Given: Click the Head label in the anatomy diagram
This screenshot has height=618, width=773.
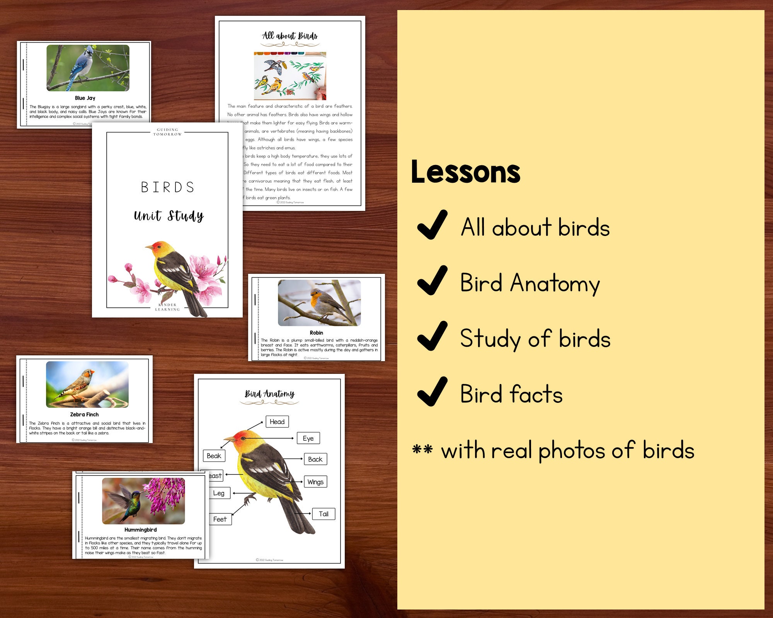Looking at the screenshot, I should pos(277,421).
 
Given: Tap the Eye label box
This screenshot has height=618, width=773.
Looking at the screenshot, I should pos(308,438).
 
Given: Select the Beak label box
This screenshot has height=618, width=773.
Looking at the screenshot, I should pos(214,456).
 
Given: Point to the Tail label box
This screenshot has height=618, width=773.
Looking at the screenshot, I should pos(324,514).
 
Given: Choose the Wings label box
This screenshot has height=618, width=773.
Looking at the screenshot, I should pos(315,482).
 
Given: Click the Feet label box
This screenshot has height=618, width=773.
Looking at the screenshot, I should pos(220,519).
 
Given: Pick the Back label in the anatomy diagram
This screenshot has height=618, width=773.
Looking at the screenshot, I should pos(315,459).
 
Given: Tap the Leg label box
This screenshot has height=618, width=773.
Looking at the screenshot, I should pos(219,493).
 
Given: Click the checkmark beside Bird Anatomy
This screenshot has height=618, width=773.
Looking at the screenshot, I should pos(432,280).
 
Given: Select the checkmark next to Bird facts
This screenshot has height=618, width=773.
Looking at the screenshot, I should pos(432,392).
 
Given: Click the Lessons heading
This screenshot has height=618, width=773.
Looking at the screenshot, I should pos(466,172).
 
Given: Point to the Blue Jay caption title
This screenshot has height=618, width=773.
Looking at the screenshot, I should pos(85,98).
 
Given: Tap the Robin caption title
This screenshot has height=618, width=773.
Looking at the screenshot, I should pos(316,333).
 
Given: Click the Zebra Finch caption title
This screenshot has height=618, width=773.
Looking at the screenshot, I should pos(84,414).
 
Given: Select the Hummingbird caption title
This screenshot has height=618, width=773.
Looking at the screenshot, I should pos(140,530).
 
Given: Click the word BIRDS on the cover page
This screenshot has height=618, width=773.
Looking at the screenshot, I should pos(167,187).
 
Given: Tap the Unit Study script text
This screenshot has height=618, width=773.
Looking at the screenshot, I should pos(169,216).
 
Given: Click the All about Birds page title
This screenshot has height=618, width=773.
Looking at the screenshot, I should pos(290,36).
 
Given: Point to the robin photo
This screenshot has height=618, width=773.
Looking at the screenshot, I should pos(319,303).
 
